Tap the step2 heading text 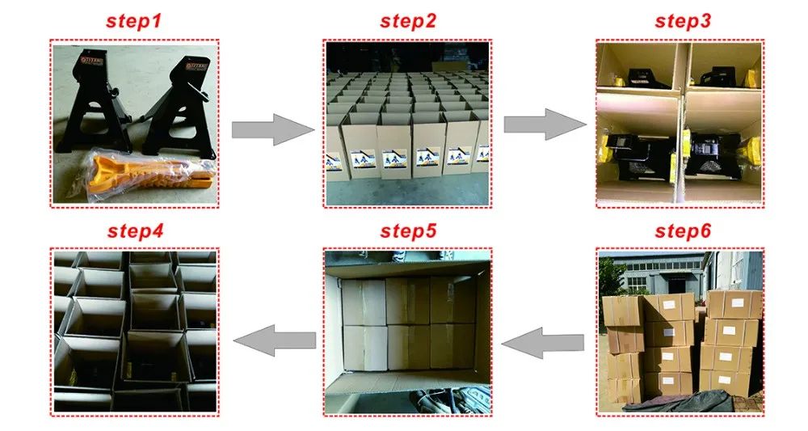point(408,22)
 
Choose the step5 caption point(408,231)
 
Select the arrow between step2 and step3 point(544,124)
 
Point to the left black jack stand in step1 point(88,105)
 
